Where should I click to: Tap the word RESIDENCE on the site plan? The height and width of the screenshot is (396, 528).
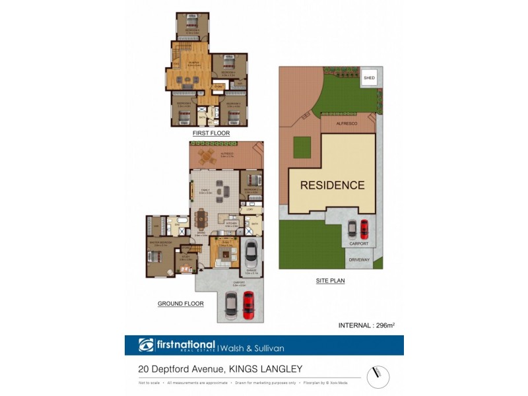coord(332,185)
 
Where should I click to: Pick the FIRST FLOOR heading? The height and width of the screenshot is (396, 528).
coord(206,133)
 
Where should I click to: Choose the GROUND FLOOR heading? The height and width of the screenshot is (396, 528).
coord(180,304)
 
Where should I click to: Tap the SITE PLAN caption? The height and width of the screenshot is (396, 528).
coord(331,280)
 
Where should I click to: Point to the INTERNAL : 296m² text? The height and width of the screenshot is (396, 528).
coord(366,325)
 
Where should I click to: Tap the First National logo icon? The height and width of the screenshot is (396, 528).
coord(146,345)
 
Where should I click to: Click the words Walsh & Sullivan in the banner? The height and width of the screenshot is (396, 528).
coord(257,346)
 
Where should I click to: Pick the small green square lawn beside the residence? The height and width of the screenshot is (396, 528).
coord(303,146)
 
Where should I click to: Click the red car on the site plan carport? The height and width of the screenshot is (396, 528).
coord(363,229)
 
